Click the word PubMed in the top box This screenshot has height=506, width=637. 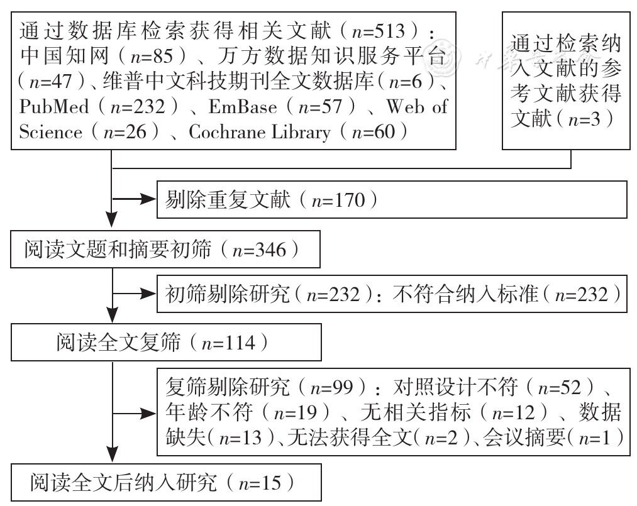(x=53, y=107)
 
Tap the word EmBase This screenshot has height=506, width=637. (x=243, y=107)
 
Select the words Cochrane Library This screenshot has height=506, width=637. (x=260, y=133)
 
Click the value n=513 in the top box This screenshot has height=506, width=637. (x=379, y=31)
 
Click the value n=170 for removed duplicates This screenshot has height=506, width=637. (x=338, y=201)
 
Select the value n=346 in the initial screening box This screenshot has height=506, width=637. (x=259, y=250)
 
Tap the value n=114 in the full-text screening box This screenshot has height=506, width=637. (x=228, y=343)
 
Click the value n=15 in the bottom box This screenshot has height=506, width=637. (x=260, y=483)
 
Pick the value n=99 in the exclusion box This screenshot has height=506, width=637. (x=331, y=387)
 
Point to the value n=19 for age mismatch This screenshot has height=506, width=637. (x=296, y=413)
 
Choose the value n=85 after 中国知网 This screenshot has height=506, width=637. (x=151, y=57)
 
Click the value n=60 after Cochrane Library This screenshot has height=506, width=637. (x=374, y=133)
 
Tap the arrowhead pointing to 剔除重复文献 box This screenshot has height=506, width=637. (x=148, y=199)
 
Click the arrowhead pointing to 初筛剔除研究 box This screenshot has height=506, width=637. (x=148, y=293)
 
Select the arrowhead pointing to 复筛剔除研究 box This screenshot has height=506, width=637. (x=148, y=414)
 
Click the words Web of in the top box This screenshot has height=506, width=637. (x=417, y=107)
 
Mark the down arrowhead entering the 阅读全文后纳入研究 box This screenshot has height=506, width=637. (x=112, y=455)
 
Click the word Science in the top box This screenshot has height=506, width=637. (x=51, y=133)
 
